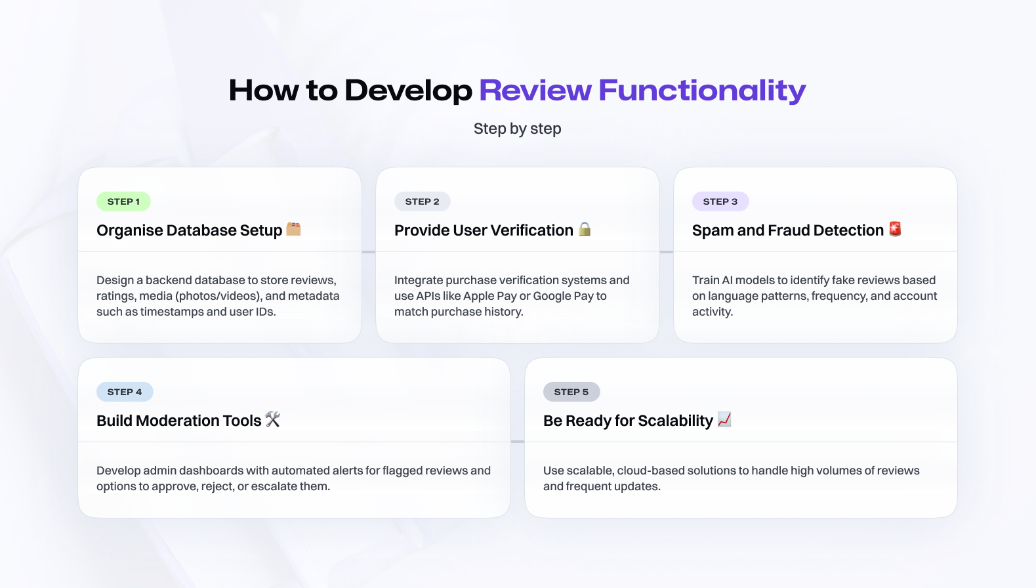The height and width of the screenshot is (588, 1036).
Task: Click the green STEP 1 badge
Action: coord(123,201)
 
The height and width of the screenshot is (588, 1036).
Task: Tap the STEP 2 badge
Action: coord(423,201)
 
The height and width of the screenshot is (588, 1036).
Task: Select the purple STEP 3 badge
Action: coord(720,201)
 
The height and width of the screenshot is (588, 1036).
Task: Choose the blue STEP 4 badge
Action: coord(125,392)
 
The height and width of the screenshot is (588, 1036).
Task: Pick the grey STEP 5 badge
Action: coord(571,392)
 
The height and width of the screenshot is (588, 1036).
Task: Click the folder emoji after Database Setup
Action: coord(294,229)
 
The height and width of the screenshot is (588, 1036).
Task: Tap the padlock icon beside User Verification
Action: coord(585,229)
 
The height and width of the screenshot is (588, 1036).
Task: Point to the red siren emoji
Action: coord(896,229)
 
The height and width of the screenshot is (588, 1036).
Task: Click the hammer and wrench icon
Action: coord(273,419)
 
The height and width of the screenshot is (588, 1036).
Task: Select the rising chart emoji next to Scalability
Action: coord(724,419)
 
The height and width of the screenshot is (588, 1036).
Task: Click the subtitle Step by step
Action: coord(518,129)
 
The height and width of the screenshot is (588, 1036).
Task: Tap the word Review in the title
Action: coord(535,90)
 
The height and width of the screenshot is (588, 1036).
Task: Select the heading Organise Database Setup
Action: coord(189,230)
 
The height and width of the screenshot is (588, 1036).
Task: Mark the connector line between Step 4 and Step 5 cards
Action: coord(518,442)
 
